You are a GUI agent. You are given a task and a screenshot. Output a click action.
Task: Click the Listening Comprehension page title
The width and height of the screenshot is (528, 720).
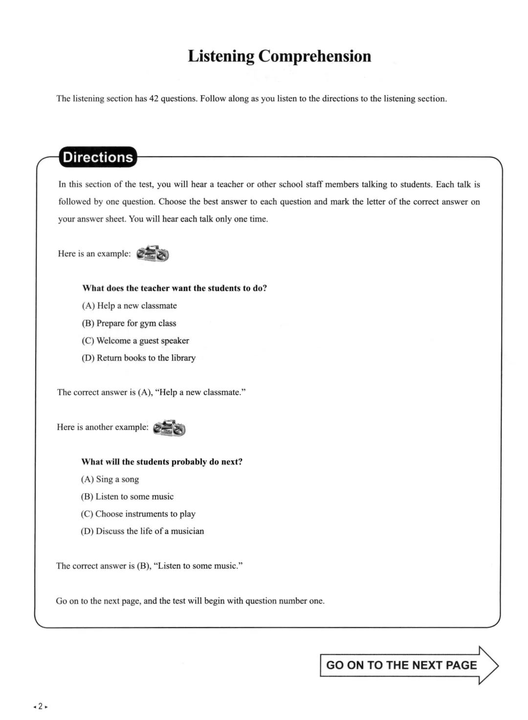[x=279, y=56]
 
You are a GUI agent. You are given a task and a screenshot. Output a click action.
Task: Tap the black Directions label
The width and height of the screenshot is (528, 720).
[x=98, y=157]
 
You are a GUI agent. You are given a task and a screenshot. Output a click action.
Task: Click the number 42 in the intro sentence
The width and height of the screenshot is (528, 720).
[x=154, y=98]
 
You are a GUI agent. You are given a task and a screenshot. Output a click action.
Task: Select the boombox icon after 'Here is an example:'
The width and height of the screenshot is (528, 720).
[x=153, y=254]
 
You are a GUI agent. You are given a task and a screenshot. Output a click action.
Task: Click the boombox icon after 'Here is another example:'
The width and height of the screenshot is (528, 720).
[x=169, y=427]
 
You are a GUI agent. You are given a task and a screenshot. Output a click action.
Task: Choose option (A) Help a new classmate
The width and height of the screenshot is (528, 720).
[x=130, y=306]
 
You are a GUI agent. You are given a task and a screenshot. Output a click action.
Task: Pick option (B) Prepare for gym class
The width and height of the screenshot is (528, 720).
[x=129, y=323]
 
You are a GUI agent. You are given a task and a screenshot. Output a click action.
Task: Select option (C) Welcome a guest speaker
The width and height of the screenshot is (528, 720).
[x=135, y=340]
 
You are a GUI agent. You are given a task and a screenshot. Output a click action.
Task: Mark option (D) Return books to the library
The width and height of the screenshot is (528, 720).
[x=138, y=358]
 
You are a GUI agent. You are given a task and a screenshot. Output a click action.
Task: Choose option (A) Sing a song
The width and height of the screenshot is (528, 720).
[x=110, y=479]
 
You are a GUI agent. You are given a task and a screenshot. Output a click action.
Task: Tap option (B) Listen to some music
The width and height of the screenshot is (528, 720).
[x=127, y=496]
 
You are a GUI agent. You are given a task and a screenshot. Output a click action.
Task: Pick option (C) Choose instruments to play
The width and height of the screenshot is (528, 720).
[x=138, y=514]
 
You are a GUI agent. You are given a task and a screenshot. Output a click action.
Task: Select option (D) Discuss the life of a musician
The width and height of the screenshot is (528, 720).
[x=142, y=531]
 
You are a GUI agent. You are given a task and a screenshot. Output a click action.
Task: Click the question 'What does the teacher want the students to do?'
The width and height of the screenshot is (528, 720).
[x=175, y=288]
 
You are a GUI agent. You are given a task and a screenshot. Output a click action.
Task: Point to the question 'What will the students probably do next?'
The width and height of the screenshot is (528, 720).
[x=162, y=462]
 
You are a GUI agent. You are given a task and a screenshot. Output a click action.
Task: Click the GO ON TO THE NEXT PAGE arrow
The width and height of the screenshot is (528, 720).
[x=409, y=665]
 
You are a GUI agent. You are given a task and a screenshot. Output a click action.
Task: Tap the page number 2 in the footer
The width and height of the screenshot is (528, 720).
[x=41, y=706]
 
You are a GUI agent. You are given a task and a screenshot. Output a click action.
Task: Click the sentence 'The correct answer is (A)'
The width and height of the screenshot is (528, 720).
[x=151, y=392]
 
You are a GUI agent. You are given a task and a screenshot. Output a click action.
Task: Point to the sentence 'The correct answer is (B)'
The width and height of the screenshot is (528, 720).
[x=149, y=566]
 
